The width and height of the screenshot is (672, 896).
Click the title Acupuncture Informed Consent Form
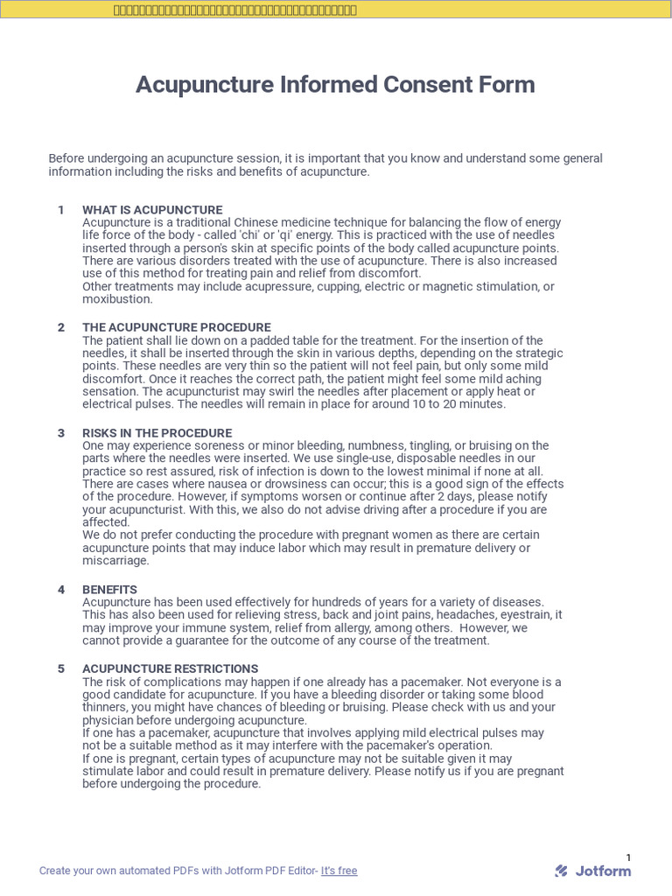click(x=335, y=85)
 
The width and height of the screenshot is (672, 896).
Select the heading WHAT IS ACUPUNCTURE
click(x=152, y=210)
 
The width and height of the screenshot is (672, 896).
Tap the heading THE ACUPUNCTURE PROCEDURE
click(x=177, y=327)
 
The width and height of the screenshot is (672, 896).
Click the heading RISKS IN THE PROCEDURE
click(x=157, y=433)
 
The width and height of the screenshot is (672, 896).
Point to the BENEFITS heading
click(x=109, y=590)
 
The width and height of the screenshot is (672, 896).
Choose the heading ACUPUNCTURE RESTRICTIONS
click(x=170, y=668)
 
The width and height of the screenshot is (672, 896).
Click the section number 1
click(x=61, y=210)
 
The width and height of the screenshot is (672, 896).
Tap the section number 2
click(x=61, y=327)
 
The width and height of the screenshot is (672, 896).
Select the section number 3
click(x=61, y=433)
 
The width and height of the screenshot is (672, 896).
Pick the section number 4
click(x=61, y=590)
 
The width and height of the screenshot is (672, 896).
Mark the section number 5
click(x=61, y=668)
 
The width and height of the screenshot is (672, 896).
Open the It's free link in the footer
click(x=339, y=871)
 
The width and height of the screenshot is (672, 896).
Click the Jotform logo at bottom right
click(x=593, y=871)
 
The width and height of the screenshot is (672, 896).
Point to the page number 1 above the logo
click(x=628, y=857)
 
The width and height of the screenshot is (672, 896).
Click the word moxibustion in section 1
click(x=117, y=299)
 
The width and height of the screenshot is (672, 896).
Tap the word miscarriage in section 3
click(x=115, y=561)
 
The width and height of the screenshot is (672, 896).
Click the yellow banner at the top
click(x=336, y=10)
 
